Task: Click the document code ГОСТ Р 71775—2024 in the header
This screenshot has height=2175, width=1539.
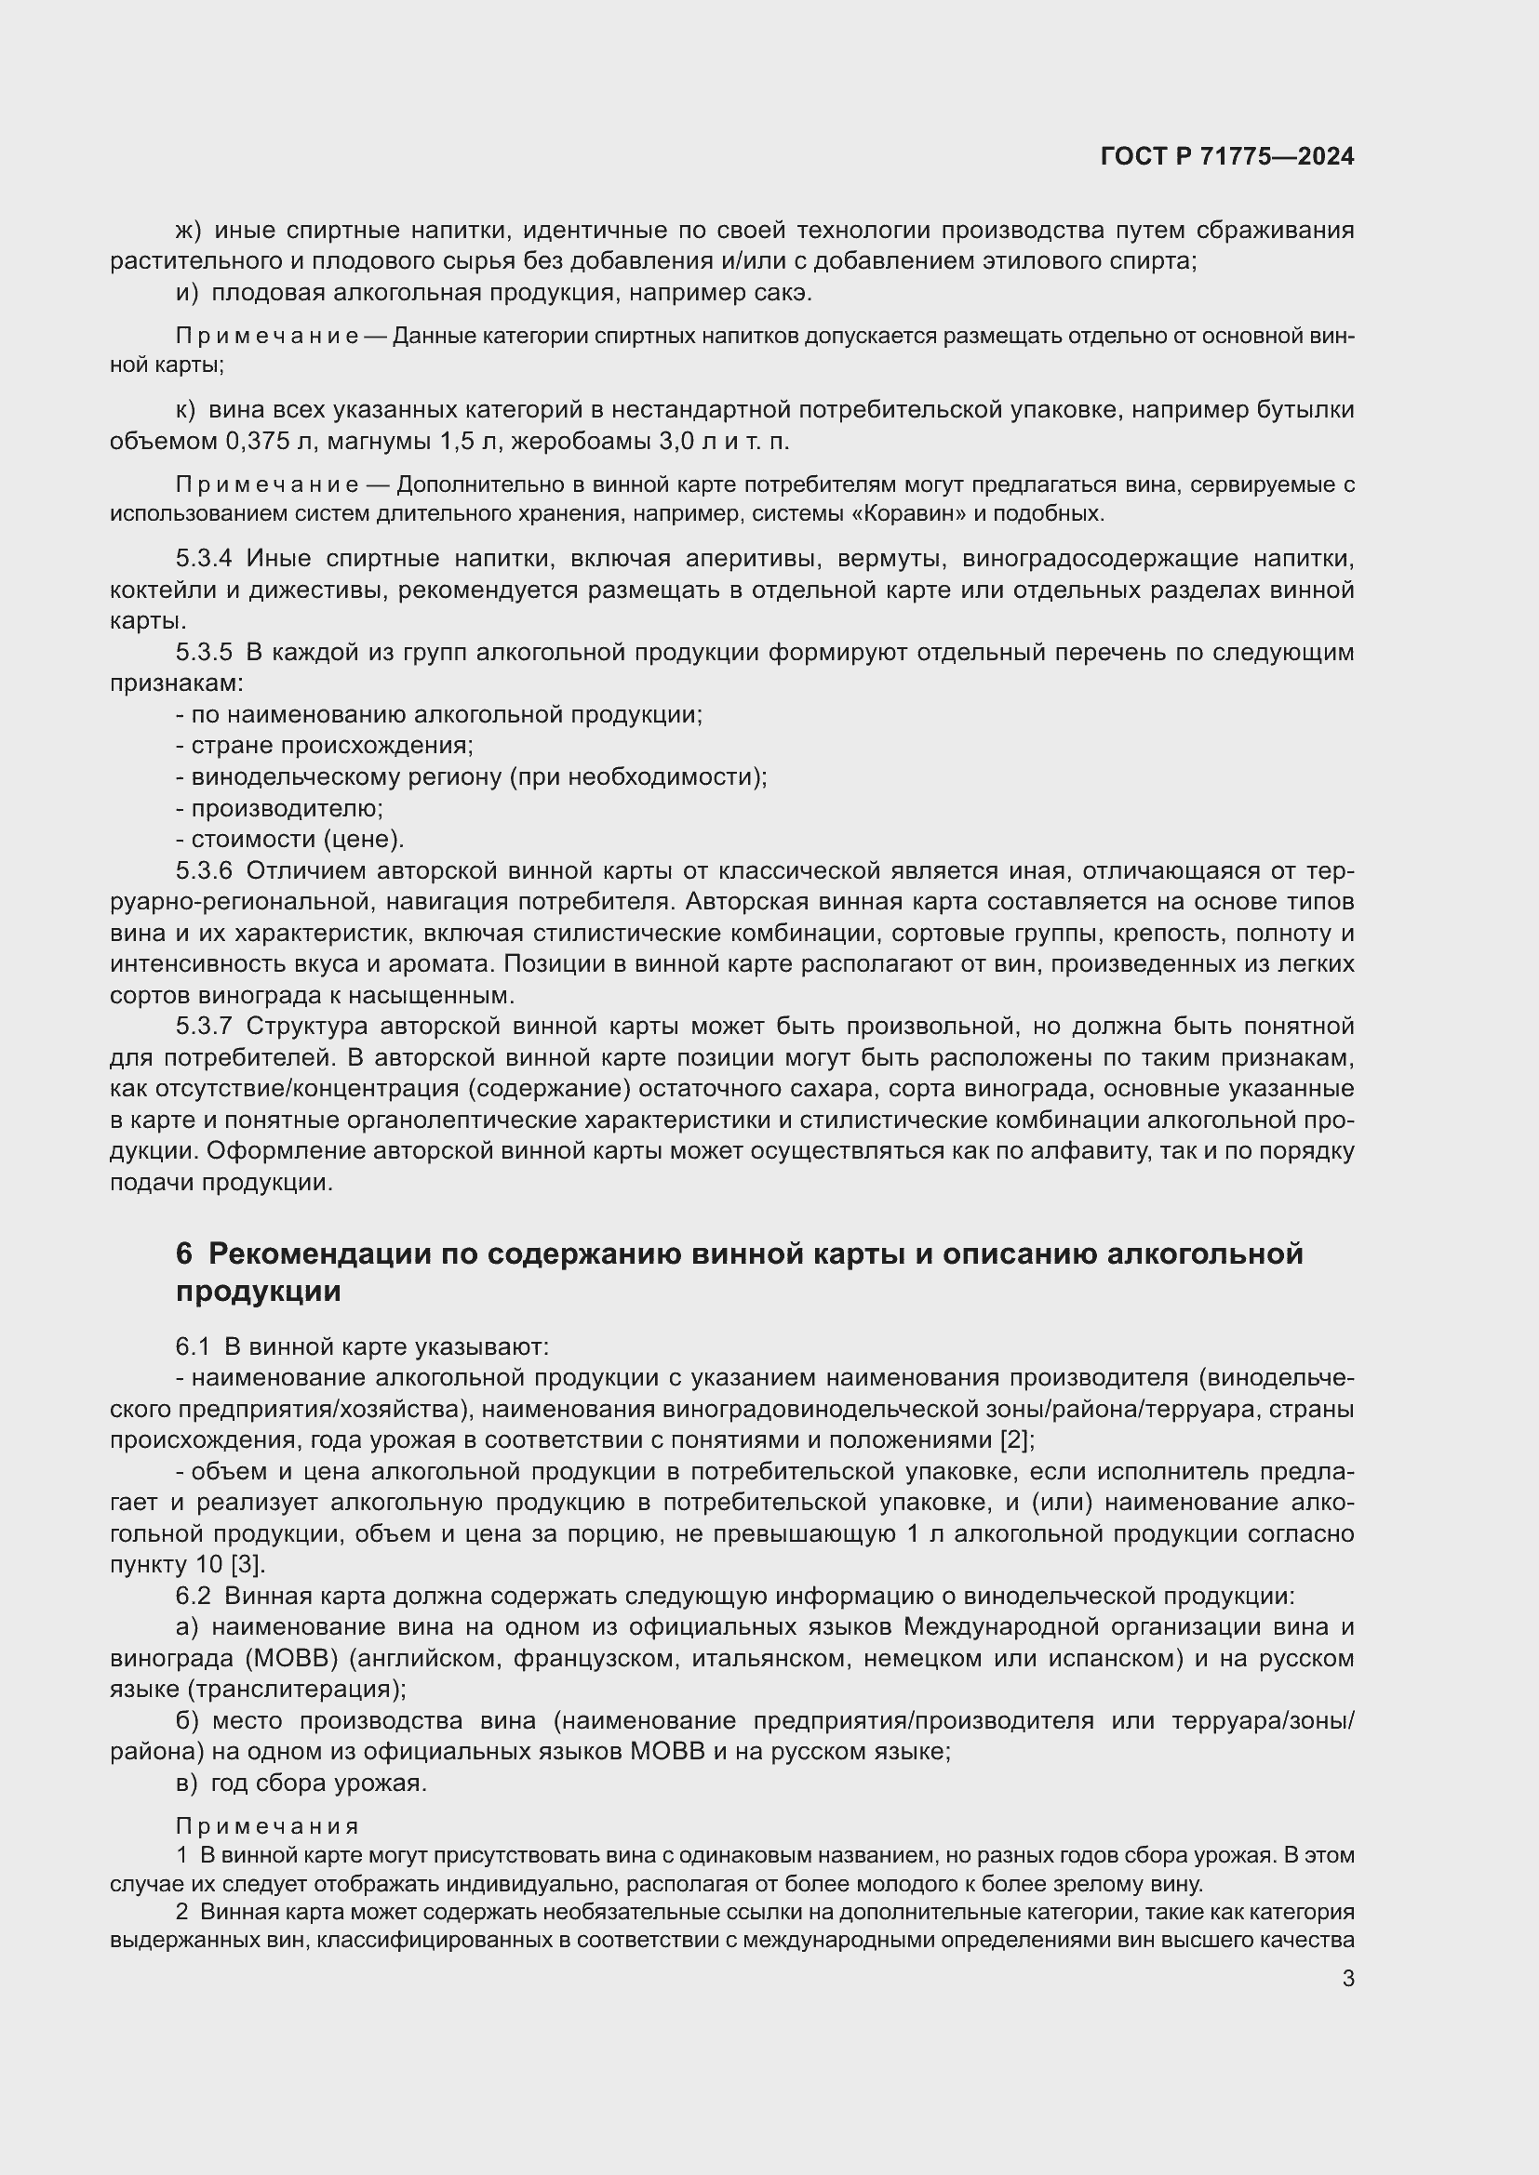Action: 1227,157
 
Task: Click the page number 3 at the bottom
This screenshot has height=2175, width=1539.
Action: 1347,1979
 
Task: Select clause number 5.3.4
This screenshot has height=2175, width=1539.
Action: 204,559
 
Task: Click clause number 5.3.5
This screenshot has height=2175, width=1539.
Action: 204,653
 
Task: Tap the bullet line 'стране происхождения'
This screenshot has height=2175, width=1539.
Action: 325,746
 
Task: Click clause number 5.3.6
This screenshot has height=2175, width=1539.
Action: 204,870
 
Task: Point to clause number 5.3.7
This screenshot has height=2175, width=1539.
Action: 204,1026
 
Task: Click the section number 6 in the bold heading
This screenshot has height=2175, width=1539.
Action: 184,1254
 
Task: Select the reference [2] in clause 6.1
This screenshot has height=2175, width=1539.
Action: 1017,1439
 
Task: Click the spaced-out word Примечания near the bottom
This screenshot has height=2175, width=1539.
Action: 267,1826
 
